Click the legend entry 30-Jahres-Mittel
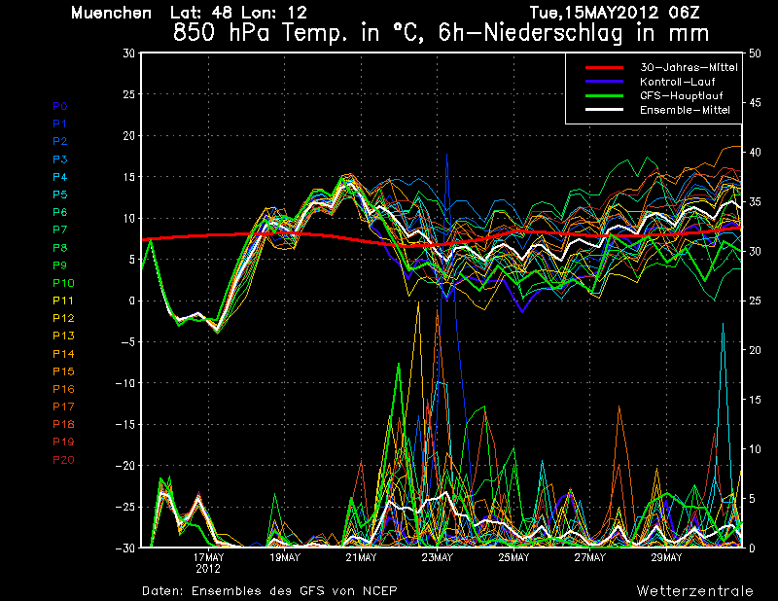[689, 67]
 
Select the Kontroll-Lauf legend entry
[677, 82]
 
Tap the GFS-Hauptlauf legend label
[682, 95]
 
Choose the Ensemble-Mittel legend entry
[685, 110]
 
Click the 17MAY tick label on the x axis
[208, 557]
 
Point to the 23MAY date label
[438, 557]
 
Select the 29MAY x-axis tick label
[666, 557]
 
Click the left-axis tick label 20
[129, 135]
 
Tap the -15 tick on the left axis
[125, 424]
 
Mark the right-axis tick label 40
[755, 153]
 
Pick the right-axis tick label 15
[755, 400]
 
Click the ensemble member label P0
[60, 106]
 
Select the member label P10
[63, 283]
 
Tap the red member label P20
[63, 460]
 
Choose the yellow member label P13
[63, 336]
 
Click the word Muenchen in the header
[111, 13]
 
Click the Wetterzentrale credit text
[695, 590]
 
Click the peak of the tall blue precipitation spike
[446, 154]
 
